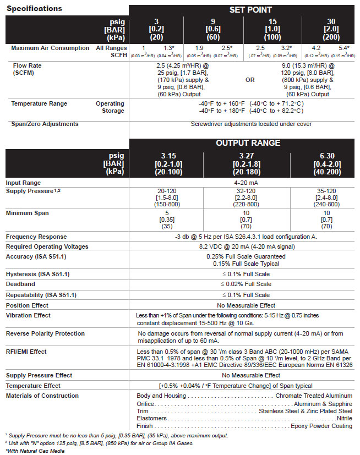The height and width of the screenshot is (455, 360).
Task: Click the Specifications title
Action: [34, 8]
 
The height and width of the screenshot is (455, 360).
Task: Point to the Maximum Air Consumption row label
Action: [50, 48]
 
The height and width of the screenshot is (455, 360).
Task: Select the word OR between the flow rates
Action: [250, 79]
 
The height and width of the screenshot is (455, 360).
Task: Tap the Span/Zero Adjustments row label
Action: [45, 124]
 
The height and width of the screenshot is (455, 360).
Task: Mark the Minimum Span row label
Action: [28, 213]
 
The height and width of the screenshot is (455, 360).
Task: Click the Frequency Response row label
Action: [36, 237]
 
